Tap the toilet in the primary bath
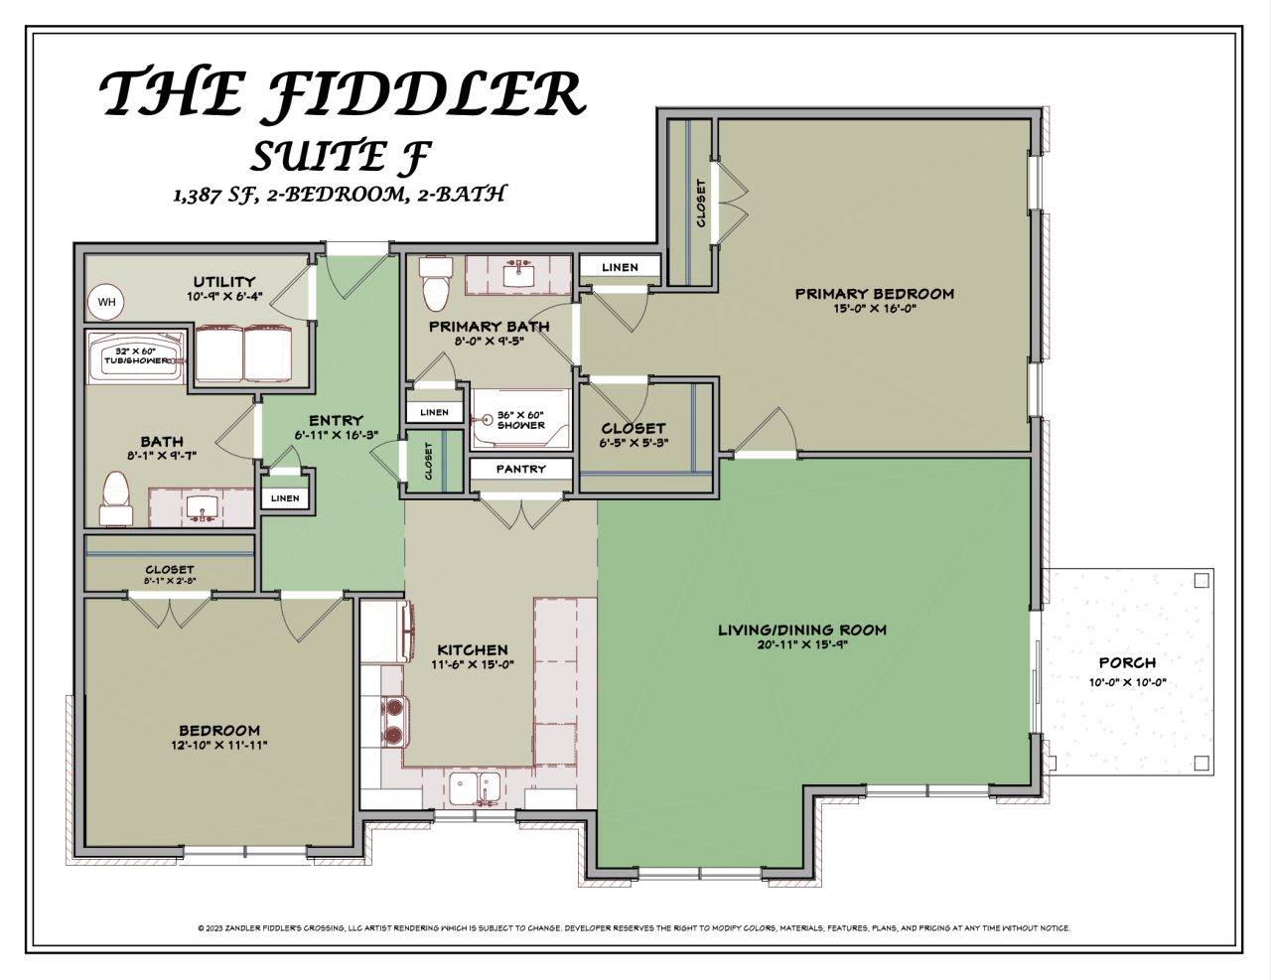[436, 284]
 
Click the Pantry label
[521, 469]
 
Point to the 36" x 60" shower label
[521, 419]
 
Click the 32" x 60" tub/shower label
[136, 356]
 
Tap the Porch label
[1127, 662]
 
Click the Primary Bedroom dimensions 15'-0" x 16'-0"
[874, 309]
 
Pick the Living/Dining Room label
[802, 630]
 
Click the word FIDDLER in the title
[427, 94]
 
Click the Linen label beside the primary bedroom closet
[621, 267]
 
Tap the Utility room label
[224, 281]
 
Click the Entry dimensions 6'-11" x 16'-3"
[336, 435]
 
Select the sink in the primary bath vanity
[517, 273]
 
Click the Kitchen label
[473, 650]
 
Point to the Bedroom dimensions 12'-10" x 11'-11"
[219, 745]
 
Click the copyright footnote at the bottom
[635, 928]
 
